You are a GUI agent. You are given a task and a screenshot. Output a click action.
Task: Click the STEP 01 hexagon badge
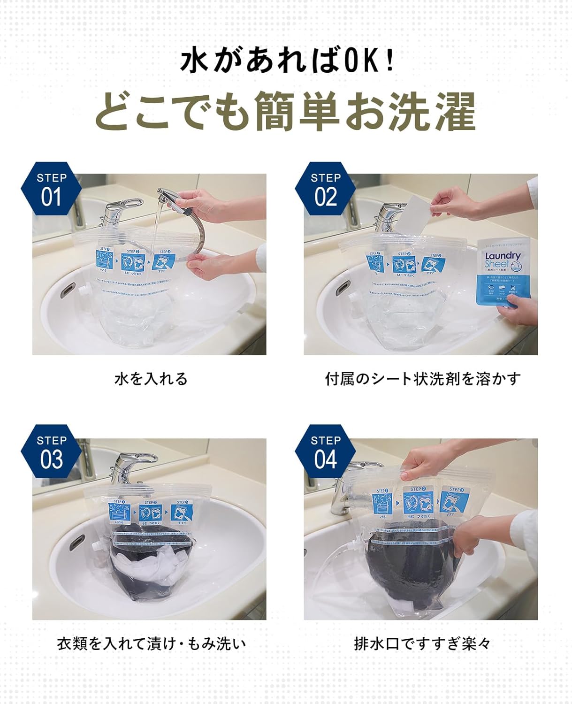pyautogui.click(x=51, y=189)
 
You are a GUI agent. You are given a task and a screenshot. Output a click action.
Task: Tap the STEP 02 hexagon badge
pyautogui.click(x=325, y=189)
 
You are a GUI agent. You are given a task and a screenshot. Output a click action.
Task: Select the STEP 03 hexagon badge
pyautogui.click(x=51, y=451)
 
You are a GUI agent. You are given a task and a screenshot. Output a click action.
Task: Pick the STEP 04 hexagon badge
pyautogui.click(x=325, y=451)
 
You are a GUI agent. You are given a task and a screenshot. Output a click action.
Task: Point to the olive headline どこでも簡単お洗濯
pyautogui.click(x=285, y=112)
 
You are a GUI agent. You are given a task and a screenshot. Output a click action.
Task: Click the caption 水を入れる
pyautogui.click(x=151, y=378)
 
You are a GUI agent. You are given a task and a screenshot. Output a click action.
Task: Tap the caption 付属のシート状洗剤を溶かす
pyautogui.click(x=423, y=378)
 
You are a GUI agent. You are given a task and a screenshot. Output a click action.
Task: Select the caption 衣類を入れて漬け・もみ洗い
pyautogui.click(x=151, y=643)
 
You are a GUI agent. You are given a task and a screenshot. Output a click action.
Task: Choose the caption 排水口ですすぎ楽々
pyautogui.click(x=422, y=643)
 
